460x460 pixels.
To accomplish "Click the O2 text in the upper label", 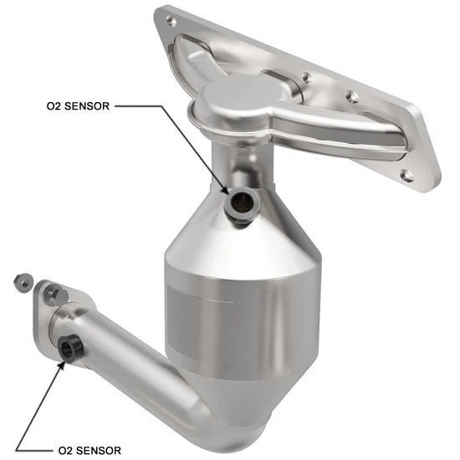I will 54,107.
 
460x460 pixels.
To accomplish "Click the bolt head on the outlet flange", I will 55,294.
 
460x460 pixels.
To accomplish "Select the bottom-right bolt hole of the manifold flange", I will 407,175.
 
